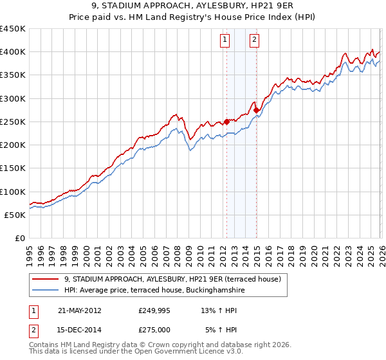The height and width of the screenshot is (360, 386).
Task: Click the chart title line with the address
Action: tap(193, 6)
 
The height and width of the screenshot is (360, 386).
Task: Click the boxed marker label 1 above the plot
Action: tap(225, 40)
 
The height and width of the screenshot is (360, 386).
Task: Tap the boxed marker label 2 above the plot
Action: tap(254, 40)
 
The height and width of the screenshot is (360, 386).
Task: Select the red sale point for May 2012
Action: tap(226, 122)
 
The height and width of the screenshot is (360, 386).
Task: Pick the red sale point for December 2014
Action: tap(256, 110)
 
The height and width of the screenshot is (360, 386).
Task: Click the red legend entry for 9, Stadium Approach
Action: tap(172, 280)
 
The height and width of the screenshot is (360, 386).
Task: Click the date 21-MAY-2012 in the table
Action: tap(79, 310)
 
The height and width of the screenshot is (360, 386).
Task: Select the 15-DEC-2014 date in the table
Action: tap(79, 330)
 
